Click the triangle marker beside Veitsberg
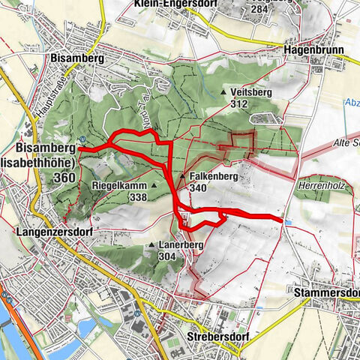[x=223, y=92]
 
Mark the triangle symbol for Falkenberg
[x=182, y=177]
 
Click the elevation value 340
[x=199, y=188]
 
